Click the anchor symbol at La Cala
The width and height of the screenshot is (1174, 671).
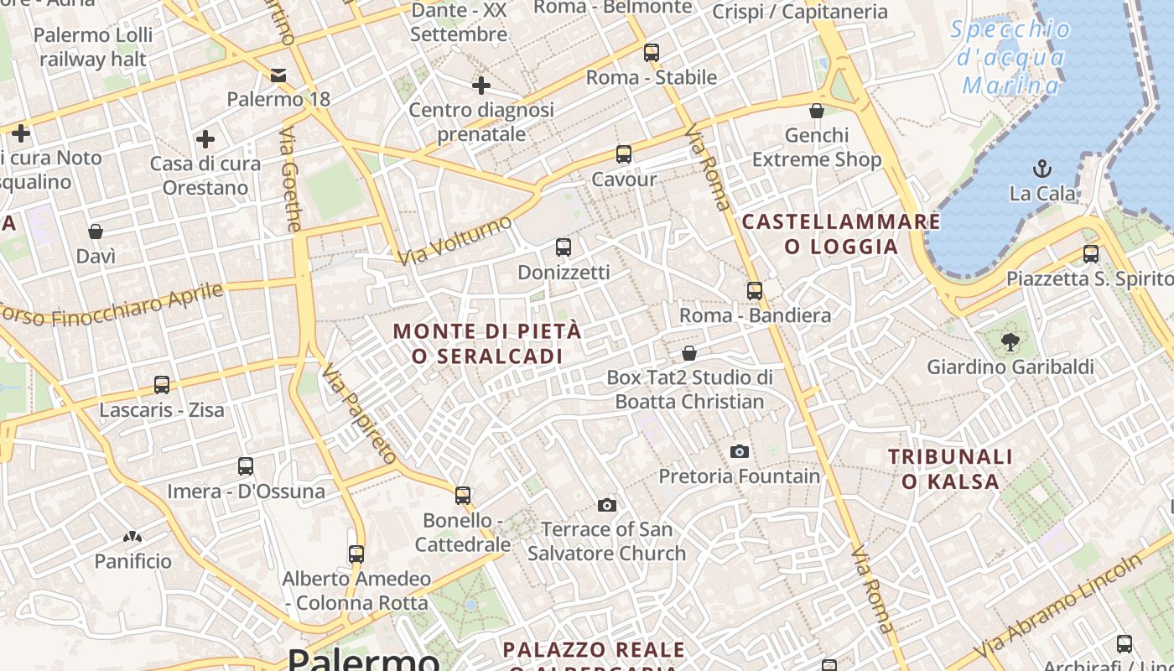(1042, 169)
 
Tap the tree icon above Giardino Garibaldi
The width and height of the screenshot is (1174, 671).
(1010, 341)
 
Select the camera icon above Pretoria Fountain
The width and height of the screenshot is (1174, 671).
(739, 451)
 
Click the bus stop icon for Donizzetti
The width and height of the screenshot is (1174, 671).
(564, 247)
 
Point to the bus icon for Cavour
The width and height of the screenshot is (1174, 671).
(624, 154)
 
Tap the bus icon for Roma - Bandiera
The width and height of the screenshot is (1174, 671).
(755, 291)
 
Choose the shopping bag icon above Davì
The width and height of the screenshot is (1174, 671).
(96, 231)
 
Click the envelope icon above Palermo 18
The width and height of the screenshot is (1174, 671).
(278, 75)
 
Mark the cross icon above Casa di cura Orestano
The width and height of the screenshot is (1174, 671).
(205, 139)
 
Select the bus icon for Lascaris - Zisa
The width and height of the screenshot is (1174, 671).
(162, 385)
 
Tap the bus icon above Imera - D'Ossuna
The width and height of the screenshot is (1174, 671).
(246, 466)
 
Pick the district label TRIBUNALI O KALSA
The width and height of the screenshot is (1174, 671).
(950, 469)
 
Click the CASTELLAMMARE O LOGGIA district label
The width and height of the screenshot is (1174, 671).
(841, 234)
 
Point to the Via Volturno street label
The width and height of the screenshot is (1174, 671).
(455, 241)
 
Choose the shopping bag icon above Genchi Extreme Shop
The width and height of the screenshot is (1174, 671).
(817, 111)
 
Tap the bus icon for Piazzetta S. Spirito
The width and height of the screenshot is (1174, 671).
(1091, 254)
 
